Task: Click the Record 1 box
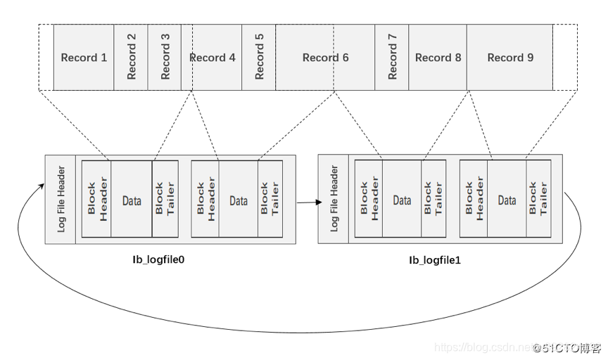pos(84,58)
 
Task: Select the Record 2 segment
pos(131,58)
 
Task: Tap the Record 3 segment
pos(165,58)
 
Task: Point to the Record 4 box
pos(213,58)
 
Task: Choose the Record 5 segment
pos(258,58)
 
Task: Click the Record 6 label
pos(325,58)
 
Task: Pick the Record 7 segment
pos(392,58)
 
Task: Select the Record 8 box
pos(438,58)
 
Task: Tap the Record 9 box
pos(510,58)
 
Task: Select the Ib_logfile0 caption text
pos(158,259)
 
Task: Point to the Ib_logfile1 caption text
pos(435,259)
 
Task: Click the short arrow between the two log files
pos(308,202)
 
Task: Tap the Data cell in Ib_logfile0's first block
pos(132,200)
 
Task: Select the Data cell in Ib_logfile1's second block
pos(507,200)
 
